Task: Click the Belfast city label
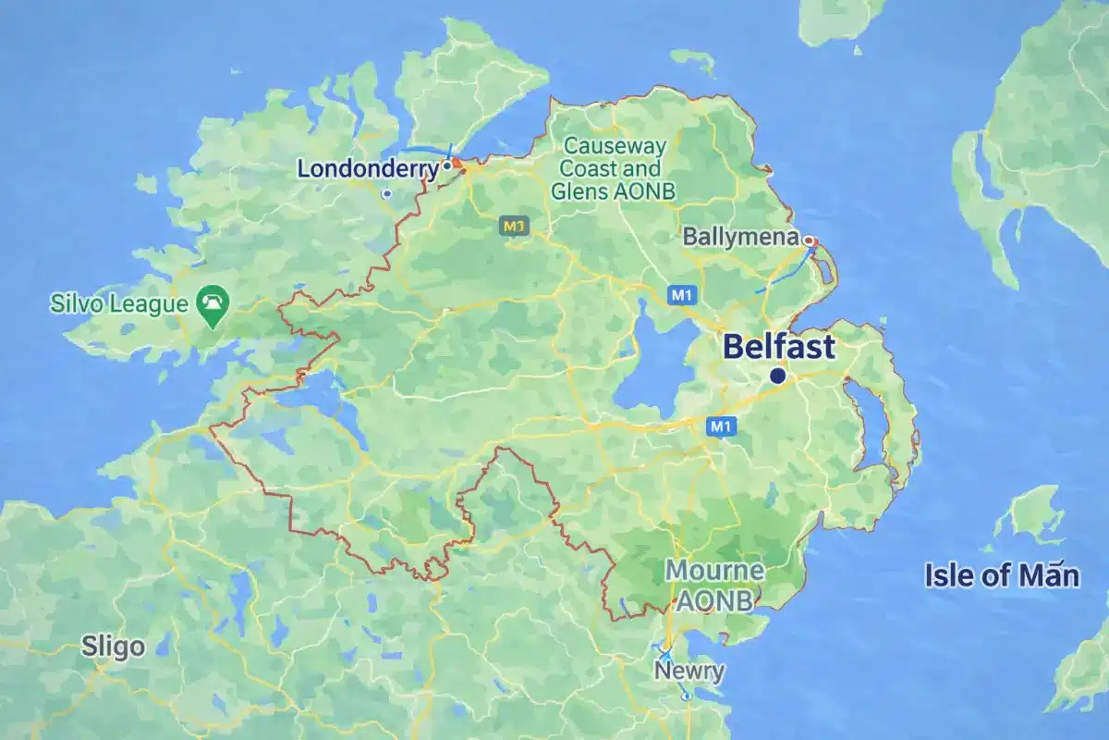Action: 779,348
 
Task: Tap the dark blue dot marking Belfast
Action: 778,376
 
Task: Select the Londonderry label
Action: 367,169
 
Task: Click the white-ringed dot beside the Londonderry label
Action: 446,166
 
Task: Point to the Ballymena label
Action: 740,237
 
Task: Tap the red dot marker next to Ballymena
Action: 810,240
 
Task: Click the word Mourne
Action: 715,571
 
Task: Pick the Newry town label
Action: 689,670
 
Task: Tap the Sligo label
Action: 113,646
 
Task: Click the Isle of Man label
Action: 1002,576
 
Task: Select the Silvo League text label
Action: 121,302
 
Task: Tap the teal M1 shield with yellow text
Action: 514,225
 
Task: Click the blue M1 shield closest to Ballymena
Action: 682,294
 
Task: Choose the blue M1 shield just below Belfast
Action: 722,426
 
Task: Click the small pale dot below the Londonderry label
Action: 387,193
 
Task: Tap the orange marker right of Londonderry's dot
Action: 457,163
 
